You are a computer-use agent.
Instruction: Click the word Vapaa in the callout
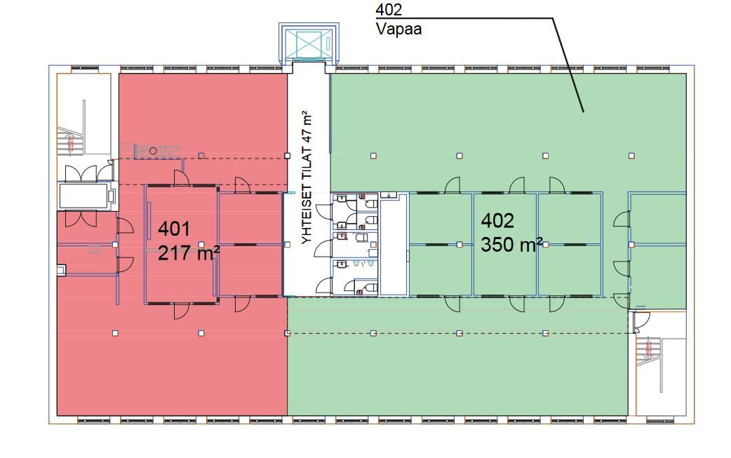coord(398,29)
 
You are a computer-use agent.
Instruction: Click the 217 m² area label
coord(189,252)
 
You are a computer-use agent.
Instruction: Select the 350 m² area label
coord(511,245)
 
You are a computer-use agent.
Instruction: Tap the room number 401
coord(174,229)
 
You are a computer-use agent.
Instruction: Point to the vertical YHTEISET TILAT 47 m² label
coord(307,177)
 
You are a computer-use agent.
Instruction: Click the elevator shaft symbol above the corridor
coord(308,44)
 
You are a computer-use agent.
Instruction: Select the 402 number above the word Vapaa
coord(389,10)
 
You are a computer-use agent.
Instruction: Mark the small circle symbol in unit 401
coord(153,149)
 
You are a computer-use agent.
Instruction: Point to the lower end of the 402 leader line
coord(582,111)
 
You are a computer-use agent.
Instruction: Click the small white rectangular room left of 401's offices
coord(84,196)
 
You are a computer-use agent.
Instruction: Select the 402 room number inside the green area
coord(497,221)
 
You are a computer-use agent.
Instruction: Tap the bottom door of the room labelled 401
coord(182,309)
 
